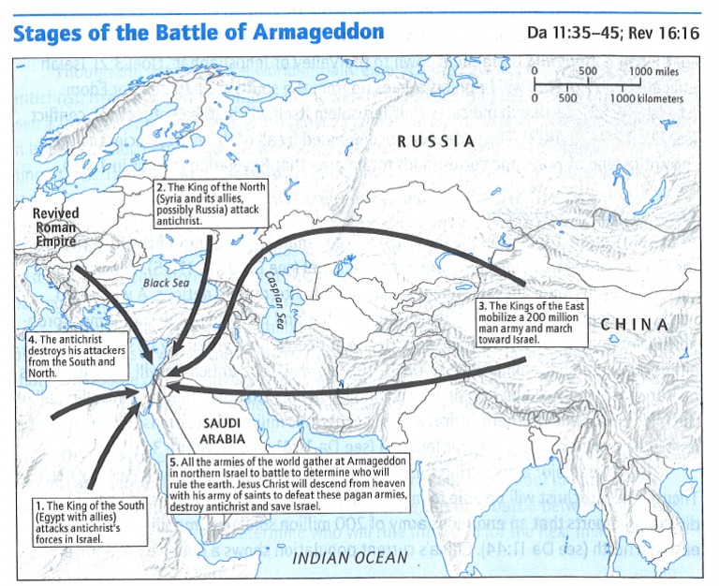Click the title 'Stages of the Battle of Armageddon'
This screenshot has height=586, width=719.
198,32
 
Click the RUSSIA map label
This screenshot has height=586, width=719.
435,141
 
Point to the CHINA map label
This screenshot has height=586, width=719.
635,325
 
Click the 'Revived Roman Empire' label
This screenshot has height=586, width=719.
56,227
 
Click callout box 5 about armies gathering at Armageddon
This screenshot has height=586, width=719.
323,484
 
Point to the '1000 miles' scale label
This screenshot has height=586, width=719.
653,72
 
